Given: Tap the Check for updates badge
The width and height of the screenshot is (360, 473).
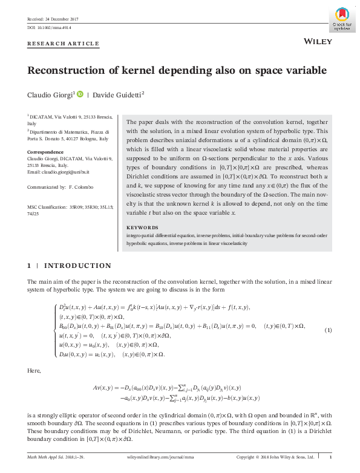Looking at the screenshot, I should pos(342,19).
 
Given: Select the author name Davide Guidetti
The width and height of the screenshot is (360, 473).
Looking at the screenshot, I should pos(118,94).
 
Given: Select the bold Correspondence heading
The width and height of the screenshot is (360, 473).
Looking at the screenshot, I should pos(45,151).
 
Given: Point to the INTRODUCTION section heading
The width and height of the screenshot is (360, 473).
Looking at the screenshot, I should pos(78,266).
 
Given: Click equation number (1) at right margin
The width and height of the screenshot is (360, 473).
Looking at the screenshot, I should pos(329,330).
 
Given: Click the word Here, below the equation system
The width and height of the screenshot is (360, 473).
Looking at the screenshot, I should pos(34,370).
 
